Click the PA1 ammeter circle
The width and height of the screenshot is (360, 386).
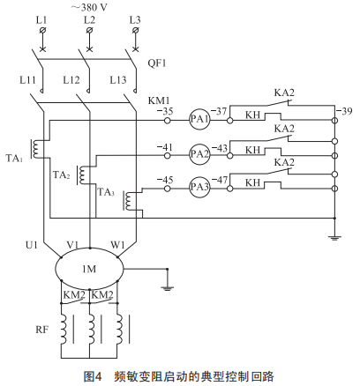199,120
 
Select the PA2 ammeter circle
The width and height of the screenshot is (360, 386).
199,154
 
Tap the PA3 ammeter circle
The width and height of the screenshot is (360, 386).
199,188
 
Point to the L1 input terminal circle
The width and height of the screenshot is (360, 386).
42,30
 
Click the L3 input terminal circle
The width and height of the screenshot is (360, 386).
136,30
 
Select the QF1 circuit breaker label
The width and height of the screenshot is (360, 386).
157,63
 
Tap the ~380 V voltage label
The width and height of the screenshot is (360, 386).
89,7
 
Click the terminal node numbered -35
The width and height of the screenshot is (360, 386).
167,120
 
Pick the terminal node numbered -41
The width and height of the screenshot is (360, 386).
167,155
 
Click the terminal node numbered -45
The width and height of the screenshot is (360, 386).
167,188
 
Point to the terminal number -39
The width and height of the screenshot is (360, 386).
344,112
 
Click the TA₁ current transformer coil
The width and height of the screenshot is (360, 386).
36,150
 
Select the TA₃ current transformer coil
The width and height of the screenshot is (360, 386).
128,201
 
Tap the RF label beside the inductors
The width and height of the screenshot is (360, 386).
41,330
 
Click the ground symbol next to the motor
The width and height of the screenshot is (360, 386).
167,288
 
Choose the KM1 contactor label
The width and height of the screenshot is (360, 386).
159,100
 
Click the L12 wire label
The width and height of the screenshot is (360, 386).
71,80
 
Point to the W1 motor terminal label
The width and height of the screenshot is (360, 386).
117,244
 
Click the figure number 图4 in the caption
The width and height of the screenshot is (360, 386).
93,375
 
